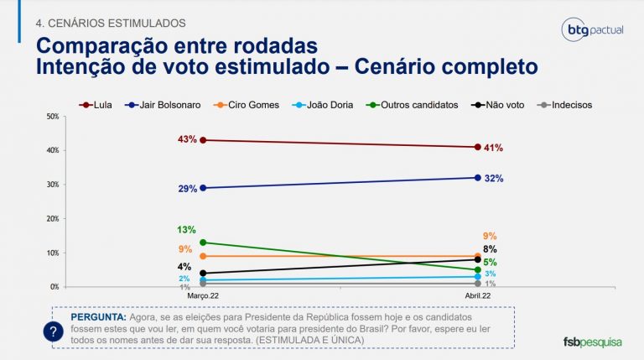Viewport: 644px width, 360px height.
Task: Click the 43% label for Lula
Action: [x=186, y=138]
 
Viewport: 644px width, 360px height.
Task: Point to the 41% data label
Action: [x=493, y=148]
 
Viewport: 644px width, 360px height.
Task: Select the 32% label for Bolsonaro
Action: [x=493, y=179]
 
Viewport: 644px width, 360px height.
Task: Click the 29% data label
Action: [x=186, y=189]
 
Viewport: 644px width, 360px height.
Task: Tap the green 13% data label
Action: [x=186, y=229]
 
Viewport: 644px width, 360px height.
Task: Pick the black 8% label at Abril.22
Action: [x=490, y=249]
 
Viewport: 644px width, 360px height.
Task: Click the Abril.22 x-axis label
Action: [x=477, y=296]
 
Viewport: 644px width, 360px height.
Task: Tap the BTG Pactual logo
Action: [x=592, y=31]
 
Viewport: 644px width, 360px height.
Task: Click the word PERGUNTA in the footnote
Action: [x=99, y=318]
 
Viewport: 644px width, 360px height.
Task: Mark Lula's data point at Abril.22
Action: [x=477, y=147]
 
